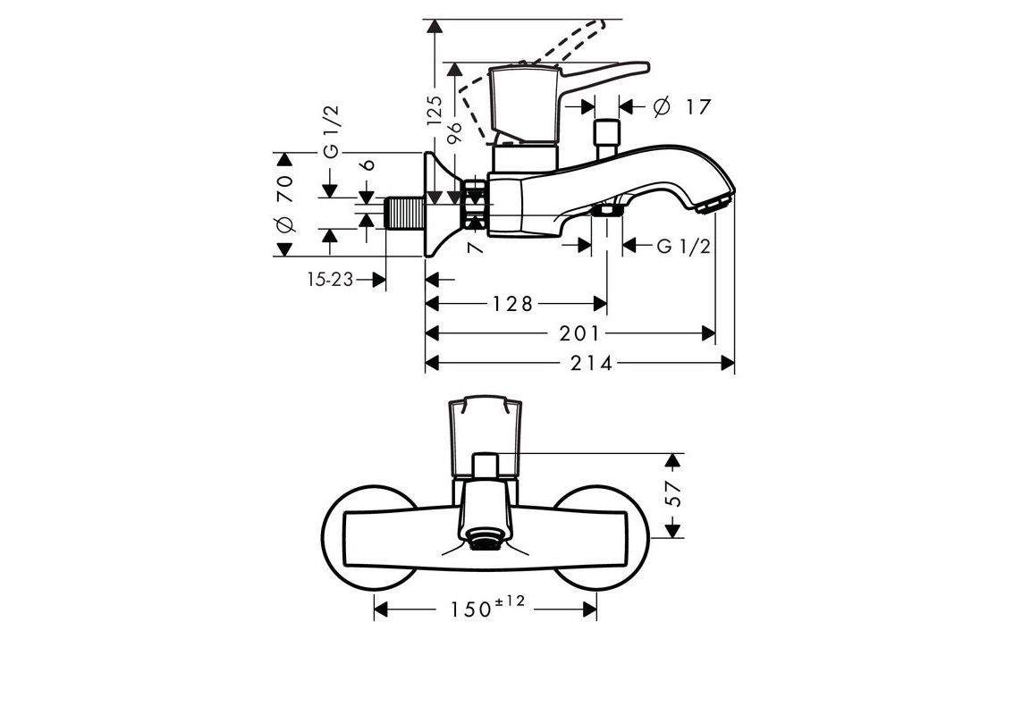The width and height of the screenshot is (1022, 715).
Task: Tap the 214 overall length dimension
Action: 593,363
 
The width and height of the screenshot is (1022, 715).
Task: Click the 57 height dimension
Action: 676,497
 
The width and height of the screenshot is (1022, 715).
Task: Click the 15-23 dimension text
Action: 329,280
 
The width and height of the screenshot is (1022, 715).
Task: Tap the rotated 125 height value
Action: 435,113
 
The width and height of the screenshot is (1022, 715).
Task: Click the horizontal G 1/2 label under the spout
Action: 683,247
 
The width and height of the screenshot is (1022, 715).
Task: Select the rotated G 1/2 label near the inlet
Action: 331,132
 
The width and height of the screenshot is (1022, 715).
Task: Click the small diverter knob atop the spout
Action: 607,135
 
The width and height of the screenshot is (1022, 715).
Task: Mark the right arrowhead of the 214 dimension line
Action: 728,363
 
